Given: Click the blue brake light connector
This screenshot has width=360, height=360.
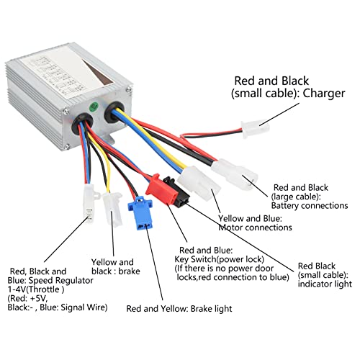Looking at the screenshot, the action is [140, 212].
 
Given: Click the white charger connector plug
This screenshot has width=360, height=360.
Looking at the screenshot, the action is [254, 129].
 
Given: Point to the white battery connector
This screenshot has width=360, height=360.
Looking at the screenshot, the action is [234, 173].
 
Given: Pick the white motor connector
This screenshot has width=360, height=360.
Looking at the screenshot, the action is [199, 183].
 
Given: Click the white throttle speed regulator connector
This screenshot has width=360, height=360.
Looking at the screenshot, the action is [89, 201].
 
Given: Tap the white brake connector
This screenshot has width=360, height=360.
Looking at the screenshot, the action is [112, 208].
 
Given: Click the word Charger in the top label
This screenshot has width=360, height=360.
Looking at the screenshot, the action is [324, 94].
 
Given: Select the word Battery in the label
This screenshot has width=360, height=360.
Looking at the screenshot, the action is [285, 206].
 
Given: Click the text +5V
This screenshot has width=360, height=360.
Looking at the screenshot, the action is [39, 299].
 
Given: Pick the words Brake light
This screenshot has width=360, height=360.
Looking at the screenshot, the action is [211, 309].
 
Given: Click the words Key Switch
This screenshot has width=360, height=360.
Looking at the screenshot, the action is [195, 259].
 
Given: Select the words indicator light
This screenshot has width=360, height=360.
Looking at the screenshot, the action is [325, 284].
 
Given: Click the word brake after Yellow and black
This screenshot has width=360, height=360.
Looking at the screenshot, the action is [129, 271].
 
